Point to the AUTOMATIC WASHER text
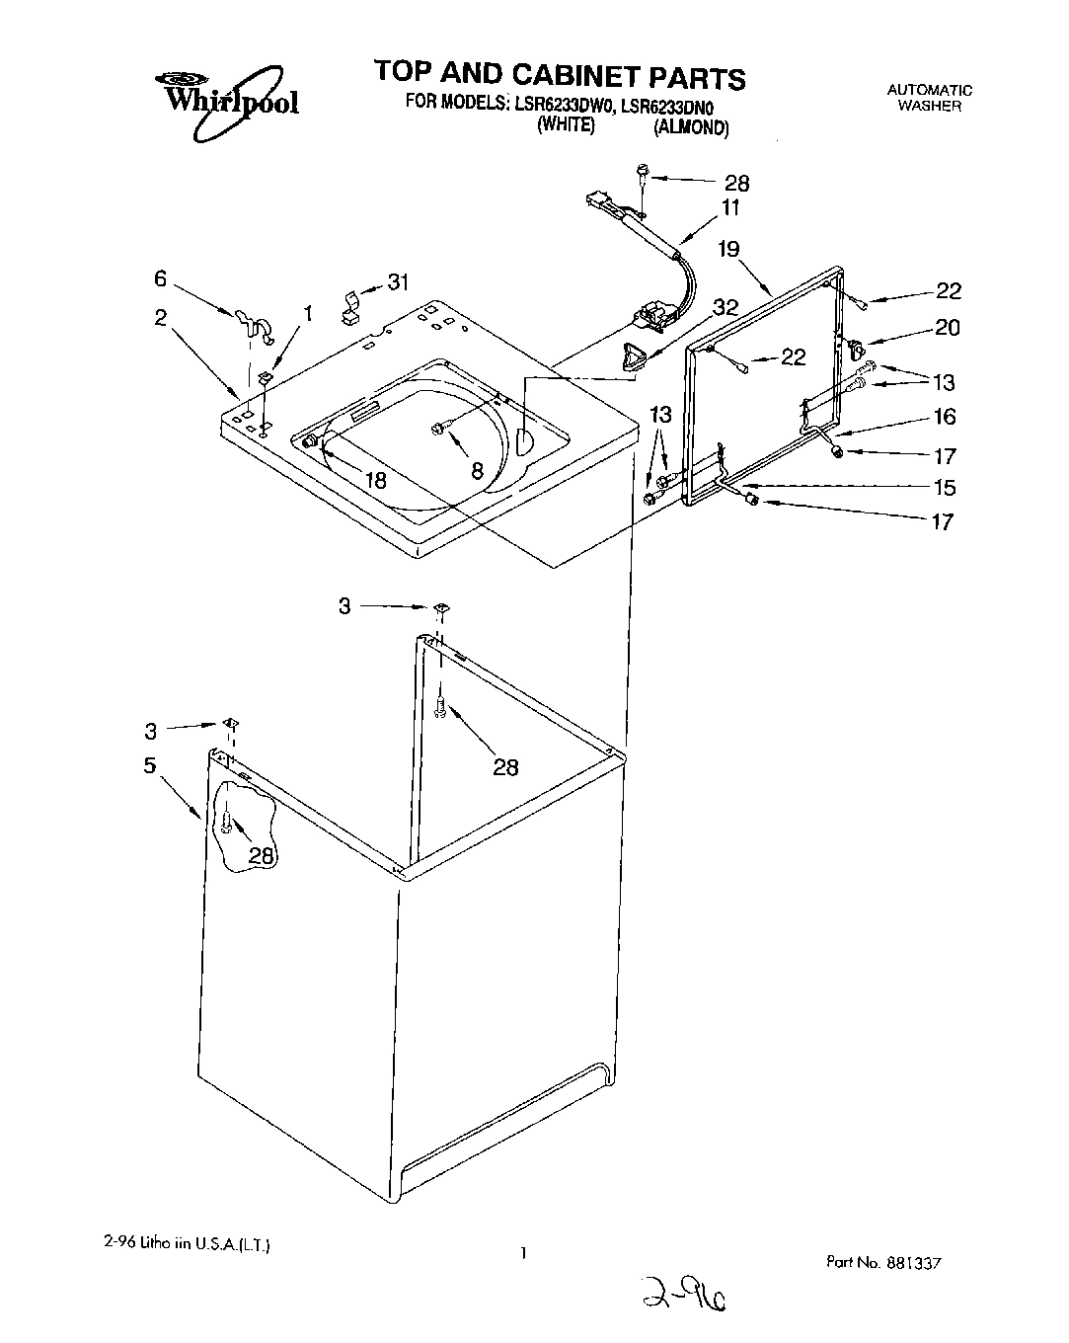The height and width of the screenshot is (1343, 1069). pos(929,98)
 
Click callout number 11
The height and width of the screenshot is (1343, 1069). pos(730,208)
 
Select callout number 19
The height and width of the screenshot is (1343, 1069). pos(728,249)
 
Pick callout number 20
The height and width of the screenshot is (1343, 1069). pos(947,327)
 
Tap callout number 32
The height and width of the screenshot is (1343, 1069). pos(725,308)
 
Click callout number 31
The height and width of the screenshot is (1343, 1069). pos(397,282)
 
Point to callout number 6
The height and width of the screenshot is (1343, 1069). pos(160,279)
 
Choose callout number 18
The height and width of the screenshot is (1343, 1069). pos(375,481)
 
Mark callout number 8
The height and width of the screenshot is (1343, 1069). pos(477,471)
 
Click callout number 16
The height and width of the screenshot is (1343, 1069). pos(945,417)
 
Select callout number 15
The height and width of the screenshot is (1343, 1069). pos(945,487)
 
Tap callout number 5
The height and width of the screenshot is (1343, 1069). pos(150,765)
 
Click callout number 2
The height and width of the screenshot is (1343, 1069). pos(160,317)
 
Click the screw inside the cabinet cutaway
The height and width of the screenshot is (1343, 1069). pos(227,822)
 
